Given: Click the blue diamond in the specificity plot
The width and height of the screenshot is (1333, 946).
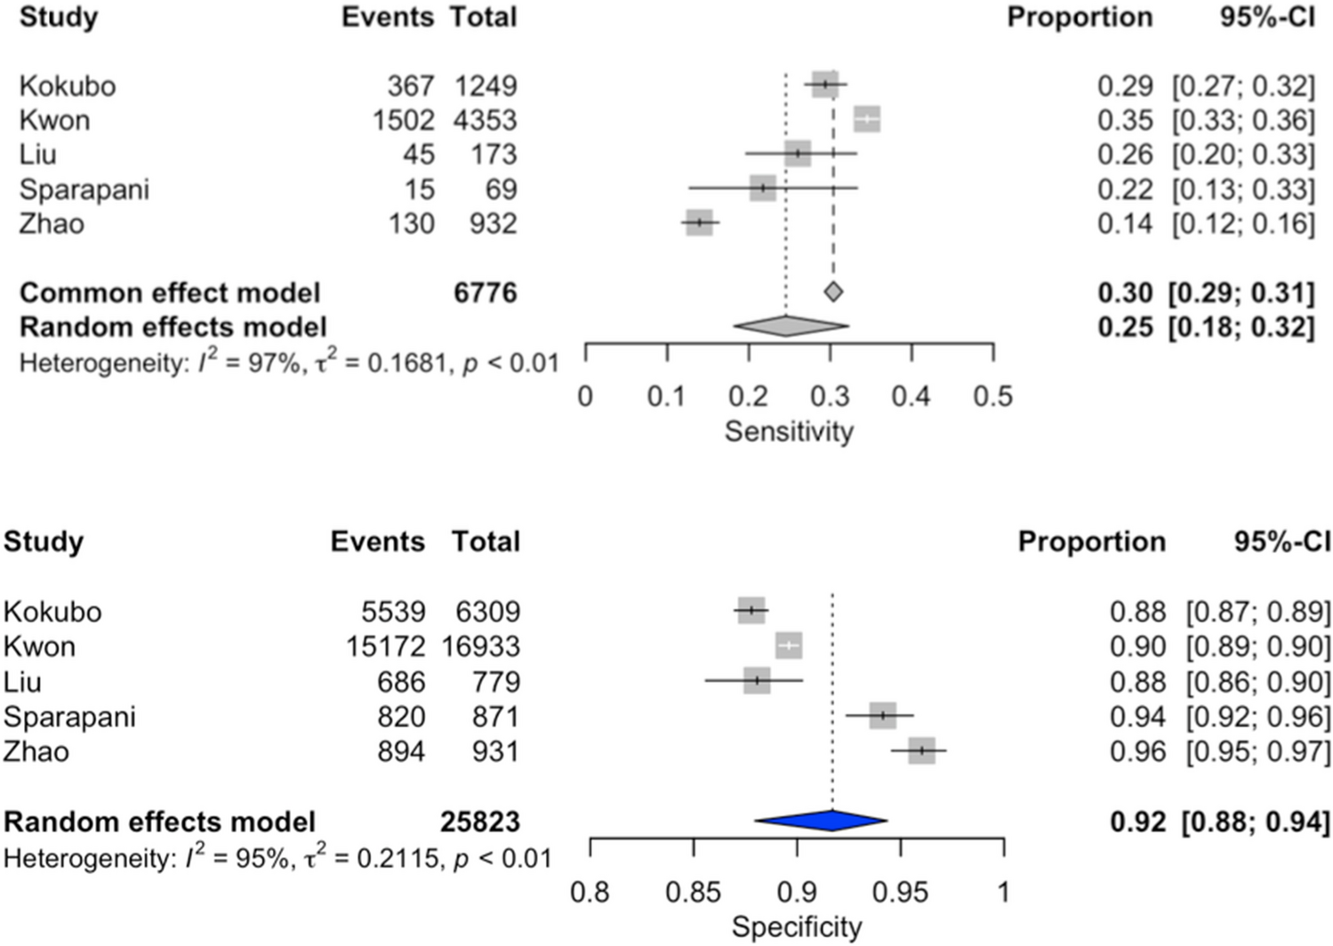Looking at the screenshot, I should tap(821, 821).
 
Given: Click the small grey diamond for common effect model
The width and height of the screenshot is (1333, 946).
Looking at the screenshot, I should tap(832, 292).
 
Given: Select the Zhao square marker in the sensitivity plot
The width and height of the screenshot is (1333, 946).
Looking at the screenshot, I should tap(700, 222).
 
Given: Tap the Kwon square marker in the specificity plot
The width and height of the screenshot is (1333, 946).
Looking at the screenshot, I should tap(789, 645).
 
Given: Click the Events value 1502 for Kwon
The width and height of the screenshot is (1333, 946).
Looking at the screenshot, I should tap(403, 120).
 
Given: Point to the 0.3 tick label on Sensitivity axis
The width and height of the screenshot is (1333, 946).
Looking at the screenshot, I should tap(829, 397).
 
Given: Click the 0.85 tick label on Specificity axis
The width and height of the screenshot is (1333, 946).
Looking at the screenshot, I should tap(694, 892).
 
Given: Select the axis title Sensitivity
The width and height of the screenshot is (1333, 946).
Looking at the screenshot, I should tap(789, 431).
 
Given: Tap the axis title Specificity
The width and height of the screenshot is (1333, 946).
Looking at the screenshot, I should tap(797, 927).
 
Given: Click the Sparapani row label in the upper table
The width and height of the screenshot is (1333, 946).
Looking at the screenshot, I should tap(84, 189).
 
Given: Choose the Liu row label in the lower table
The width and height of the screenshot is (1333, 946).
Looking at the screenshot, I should tap(22, 682).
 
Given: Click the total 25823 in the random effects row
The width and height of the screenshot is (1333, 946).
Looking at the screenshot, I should tap(480, 822).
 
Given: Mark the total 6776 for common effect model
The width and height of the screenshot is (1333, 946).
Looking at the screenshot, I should tap(485, 293).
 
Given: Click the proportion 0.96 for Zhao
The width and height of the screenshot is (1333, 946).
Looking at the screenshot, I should tap(1137, 751).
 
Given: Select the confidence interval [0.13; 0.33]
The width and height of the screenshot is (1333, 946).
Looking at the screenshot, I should tap(1242, 189).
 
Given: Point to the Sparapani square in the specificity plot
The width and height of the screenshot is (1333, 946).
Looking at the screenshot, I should tap(882, 716).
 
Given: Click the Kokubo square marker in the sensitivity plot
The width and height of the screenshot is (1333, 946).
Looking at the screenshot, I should tap(825, 85).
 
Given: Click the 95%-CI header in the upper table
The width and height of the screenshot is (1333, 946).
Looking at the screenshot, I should tap(1266, 17).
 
